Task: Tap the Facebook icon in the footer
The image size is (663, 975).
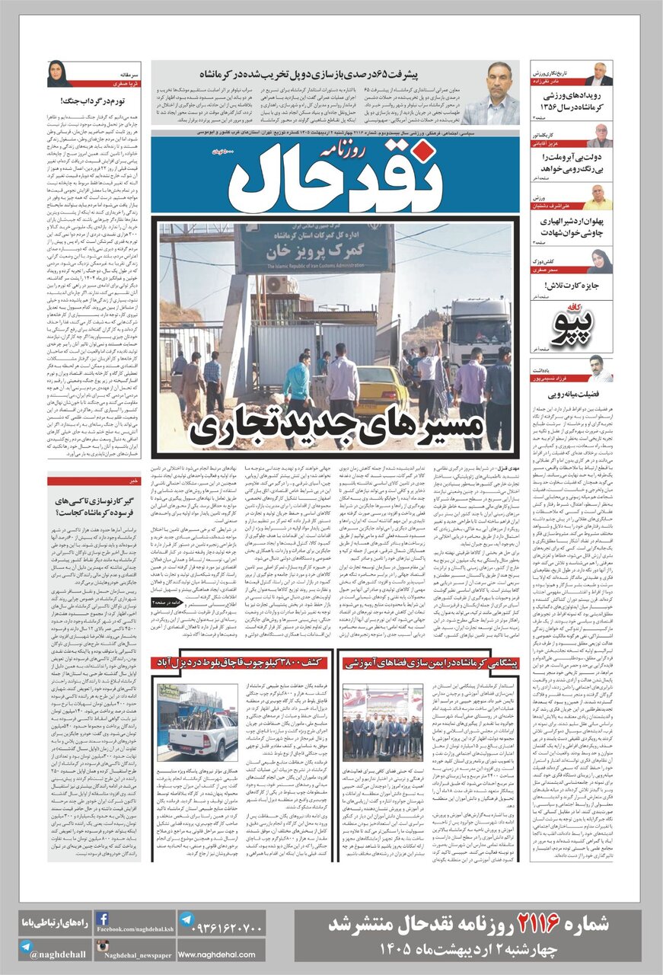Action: (x=101, y=919)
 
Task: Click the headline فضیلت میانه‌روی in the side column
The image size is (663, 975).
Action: (x=572, y=395)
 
